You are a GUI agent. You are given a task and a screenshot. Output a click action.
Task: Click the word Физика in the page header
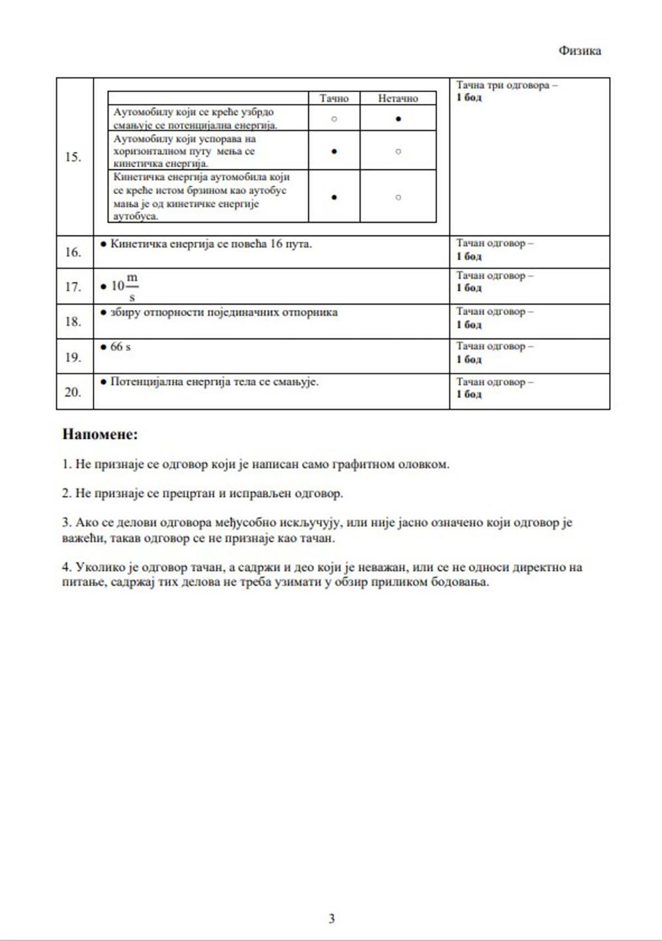(x=579, y=51)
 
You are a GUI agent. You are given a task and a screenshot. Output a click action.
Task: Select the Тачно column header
(x=334, y=98)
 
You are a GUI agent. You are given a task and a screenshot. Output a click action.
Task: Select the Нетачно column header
(x=398, y=98)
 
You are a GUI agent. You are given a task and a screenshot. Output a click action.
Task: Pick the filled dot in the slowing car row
(x=334, y=151)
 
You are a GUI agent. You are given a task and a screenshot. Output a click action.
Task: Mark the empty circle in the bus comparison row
(x=398, y=197)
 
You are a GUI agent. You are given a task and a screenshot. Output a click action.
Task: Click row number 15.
(x=73, y=157)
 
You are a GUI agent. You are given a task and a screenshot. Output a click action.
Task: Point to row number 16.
(x=73, y=252)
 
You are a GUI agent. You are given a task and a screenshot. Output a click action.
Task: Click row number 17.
(x=73, y=287)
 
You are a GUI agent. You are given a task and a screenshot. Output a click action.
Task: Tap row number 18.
(x=73, y=322)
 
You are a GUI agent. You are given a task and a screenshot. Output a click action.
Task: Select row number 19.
(x=73, y=357)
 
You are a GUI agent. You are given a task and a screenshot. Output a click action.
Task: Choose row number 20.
(x=73, y=392)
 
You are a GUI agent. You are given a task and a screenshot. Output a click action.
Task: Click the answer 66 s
(x=120, y=347)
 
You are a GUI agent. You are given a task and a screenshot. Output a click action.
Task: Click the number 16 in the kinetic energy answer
(x=276, y=244)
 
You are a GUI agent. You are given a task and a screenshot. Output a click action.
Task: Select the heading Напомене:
(x=100, y=434)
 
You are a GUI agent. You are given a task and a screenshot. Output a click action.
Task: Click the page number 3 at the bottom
(x=332, y=918)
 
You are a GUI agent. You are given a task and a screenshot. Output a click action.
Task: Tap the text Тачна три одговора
(x=503, y=86)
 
